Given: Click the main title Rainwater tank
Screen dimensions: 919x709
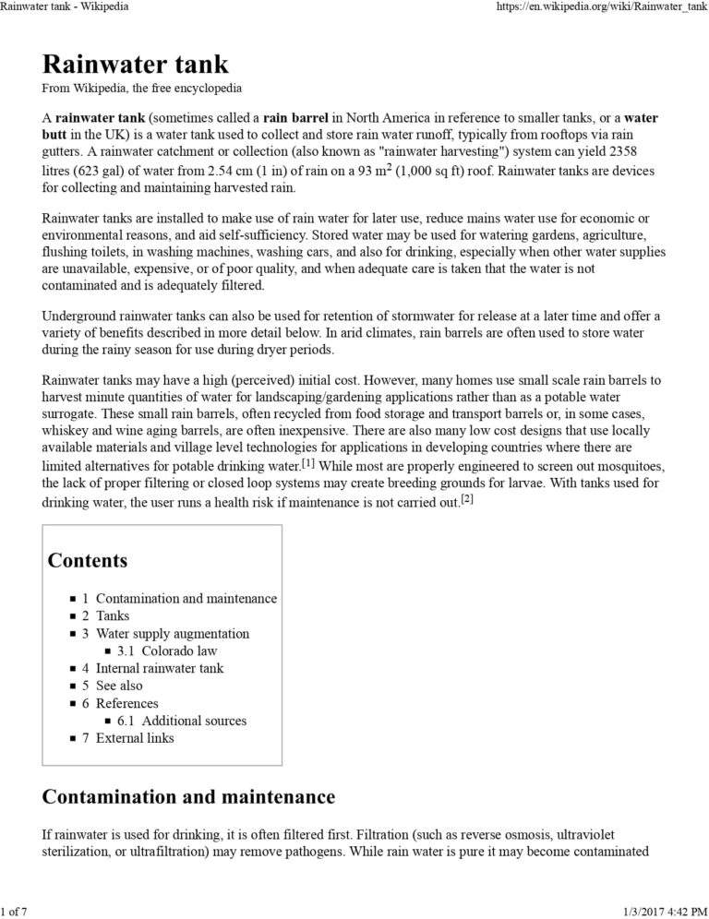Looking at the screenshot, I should click(x=135, y=65).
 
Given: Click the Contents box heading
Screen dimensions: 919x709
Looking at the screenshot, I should click(x=88, y=560).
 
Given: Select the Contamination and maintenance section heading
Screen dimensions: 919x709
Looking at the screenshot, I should click(x=188, y=796).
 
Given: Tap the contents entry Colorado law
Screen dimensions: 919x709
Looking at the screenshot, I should click(x=181, y=650).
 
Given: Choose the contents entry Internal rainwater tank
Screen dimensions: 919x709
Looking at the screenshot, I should click(x=159, y=668).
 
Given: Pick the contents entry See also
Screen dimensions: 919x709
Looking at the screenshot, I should click(x=119, y=686).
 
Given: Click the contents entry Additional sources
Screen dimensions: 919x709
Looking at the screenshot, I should click(x=194, y=721).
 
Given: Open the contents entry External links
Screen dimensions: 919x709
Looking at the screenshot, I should click(x=134, y=738).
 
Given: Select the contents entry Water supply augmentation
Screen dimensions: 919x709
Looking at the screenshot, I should click(x=172, y=633).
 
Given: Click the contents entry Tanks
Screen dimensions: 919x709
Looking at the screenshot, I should click(x=113, y=615).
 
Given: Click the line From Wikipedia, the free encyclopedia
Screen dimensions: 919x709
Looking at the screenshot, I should click(x=142, y=89).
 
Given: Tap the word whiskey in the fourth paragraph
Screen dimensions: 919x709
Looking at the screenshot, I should click(x=67, y=430).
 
